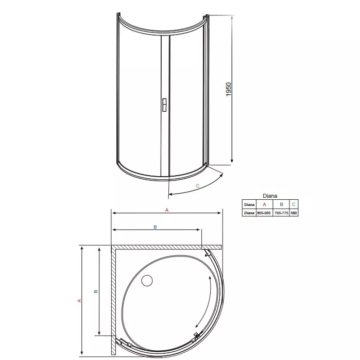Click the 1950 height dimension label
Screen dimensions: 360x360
[229, 89]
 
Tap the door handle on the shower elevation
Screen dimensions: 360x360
[164, 105]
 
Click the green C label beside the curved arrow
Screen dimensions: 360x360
[197, 186]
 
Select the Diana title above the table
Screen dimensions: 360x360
[270, 196]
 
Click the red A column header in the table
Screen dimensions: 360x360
[264, 204]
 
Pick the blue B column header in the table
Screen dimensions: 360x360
[282, 204]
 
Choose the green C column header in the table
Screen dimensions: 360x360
[294, 204]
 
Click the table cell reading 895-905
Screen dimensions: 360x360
[264, 213]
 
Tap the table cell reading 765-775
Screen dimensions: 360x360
[281, 213]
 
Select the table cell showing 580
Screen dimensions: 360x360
[294, 213]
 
